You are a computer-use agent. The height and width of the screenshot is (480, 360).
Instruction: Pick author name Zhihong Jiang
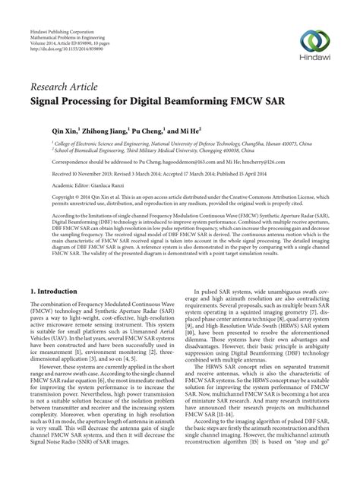[85, 130]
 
